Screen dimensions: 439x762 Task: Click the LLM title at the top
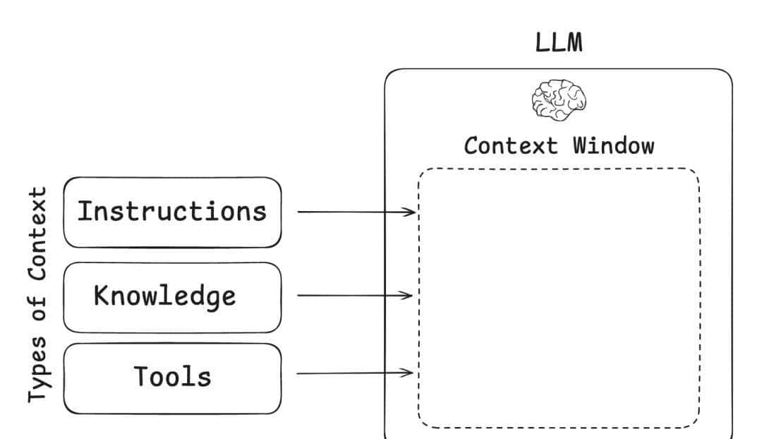click(559, 43)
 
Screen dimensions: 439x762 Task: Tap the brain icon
click(559, 100)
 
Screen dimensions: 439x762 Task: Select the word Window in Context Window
click(613, 145)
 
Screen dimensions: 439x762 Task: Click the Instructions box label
click(171, 211)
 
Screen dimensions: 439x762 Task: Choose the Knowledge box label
click(164, 295)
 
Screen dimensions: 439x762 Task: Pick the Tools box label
click(173, 377)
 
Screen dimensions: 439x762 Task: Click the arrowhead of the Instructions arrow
click(411, 212)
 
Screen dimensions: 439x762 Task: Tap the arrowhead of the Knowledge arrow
click(409, 295)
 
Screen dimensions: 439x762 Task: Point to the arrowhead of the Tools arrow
click(409, 373)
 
